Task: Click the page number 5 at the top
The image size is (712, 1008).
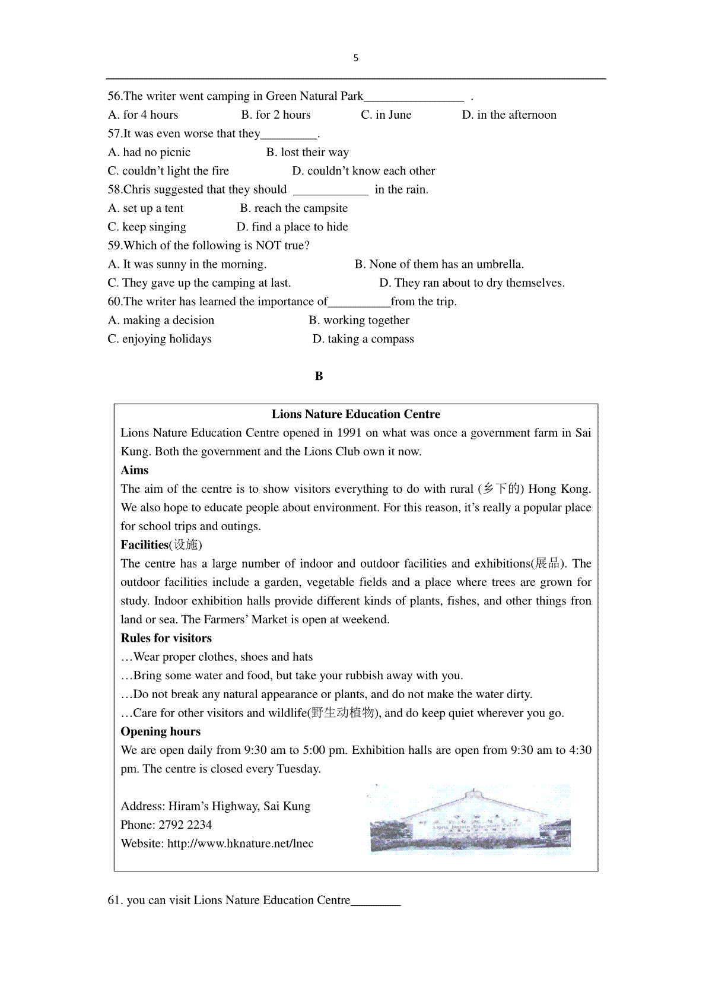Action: point(356,58)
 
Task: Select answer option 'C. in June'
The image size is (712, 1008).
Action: point(386,115)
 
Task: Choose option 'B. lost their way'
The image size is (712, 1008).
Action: point(307,153)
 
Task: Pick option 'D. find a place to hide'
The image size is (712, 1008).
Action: point(292,227)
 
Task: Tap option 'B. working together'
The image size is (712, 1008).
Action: point(359,321)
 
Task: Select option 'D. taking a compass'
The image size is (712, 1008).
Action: point(363,339)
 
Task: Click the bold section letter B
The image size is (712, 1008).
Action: point(319,376)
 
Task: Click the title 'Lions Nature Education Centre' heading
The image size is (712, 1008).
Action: point(356,414)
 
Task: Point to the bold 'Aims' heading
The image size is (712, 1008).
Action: point(135,470)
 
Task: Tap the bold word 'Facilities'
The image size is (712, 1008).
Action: point(145,545)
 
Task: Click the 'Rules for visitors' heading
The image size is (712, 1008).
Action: point(166,638)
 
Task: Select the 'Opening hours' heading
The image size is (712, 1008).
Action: point(161,731)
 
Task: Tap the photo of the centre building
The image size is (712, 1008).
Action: point(470,820)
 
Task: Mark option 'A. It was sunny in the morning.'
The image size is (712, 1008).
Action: point(187,264)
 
